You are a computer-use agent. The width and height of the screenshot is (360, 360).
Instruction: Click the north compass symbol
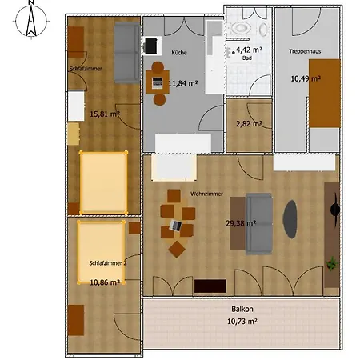[x=31, y=20]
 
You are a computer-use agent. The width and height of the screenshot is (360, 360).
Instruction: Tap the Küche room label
[x=179, y=53]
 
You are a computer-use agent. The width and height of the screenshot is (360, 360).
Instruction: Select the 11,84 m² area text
[x=183, y=83]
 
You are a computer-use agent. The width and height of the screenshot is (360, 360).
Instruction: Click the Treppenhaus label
[x=305, y=51]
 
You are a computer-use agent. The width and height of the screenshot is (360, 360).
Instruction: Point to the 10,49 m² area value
[x=306, y=78]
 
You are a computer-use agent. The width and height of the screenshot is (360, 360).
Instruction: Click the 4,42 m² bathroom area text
[x=249, y=50]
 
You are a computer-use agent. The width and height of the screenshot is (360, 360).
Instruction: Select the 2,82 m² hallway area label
[x=249, y=124]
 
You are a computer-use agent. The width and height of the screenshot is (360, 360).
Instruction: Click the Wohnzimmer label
[x=206, y=194]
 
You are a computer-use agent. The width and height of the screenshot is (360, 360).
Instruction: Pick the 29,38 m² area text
[x=241, y=223]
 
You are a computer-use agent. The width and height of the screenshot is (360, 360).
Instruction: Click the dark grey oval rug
[x=290, y=219]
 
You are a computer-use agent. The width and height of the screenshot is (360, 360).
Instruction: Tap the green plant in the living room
[x=332, y=264]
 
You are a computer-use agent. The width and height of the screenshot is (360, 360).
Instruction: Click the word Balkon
[x=242, y=309]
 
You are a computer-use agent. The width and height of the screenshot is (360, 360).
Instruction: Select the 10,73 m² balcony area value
[x=242, y=322]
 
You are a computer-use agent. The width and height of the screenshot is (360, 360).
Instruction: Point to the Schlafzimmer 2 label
[x=108, y=263]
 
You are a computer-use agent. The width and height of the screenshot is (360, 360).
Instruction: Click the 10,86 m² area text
[x=105, y=282]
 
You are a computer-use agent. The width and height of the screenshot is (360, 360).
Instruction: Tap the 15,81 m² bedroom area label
[x=105, y=114]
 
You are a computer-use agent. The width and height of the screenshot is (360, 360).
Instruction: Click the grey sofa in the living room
[x=259, y=224]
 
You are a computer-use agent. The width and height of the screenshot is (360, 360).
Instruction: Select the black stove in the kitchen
[x=151, y=46]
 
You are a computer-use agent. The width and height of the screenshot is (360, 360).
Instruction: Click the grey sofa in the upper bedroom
[x=127, y=53]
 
